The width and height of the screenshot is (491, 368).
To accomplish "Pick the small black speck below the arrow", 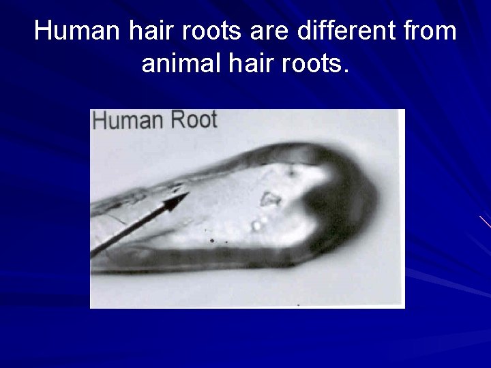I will pyautogui.click(x=212, y=241).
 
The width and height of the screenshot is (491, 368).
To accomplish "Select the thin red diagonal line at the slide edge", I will pyautogui.click(x=484, y=221).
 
